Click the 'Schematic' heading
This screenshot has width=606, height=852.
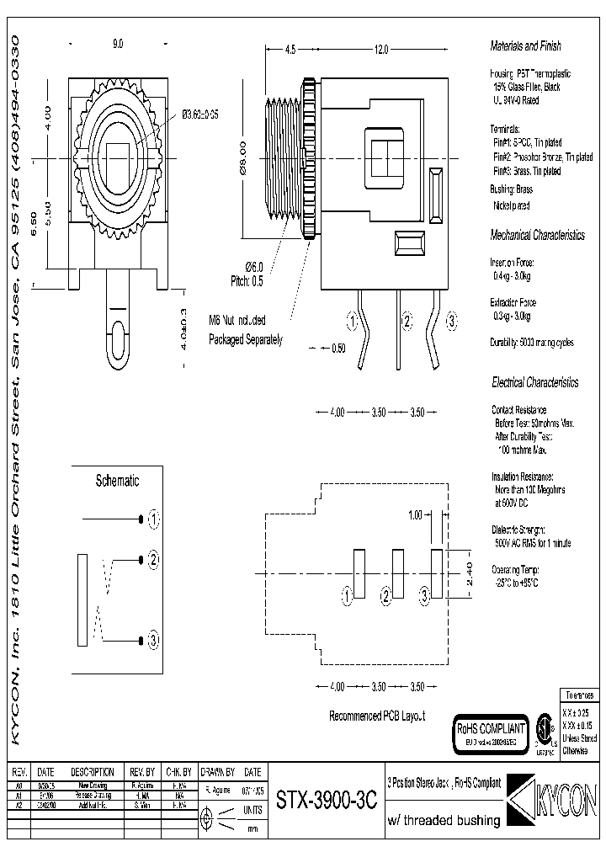117,481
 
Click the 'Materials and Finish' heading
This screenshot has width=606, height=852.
525,46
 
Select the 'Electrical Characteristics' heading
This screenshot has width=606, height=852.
534,382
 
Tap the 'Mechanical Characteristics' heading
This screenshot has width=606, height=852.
537,236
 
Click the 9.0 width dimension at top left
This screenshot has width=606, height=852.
117,43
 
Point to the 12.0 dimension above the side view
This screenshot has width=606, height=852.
380,51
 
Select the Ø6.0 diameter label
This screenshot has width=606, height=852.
254,267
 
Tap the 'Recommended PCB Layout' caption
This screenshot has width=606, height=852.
376,716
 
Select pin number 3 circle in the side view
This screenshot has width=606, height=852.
451,321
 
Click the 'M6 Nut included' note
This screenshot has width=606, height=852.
238,320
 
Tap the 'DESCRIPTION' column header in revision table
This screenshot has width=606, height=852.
92,772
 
